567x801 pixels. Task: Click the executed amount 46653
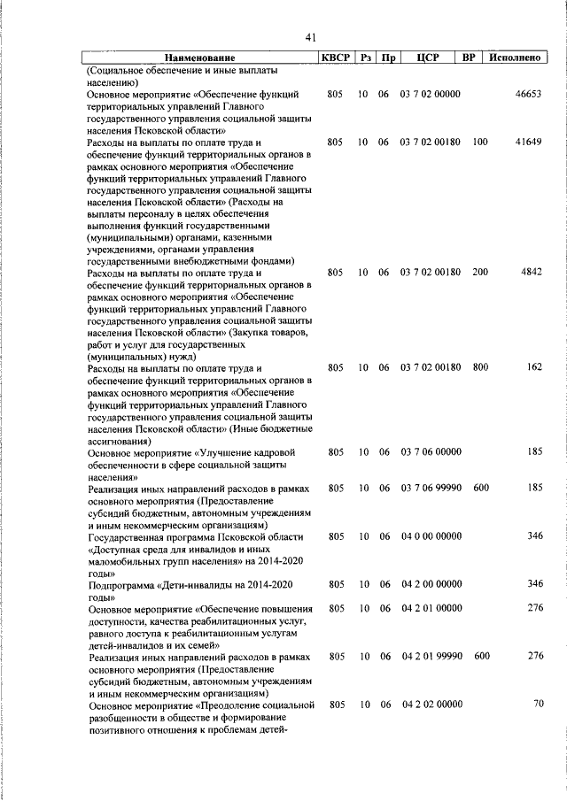[x=528, y=93]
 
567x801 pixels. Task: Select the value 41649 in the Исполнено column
[x=528, y=142]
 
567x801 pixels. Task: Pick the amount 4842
[x=531, y=273]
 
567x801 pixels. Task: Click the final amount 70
[x=537, y=704]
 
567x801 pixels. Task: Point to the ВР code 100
[x=479, y=142]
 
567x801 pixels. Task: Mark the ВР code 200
[x=479, y=273]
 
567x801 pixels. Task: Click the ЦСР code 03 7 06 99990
[x=431, y=488]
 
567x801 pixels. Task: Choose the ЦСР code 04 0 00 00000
[x=431, y=536]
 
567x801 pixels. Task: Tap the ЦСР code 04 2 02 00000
[x=431, y=704]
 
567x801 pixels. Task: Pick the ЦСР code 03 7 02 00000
[x=431, y=93]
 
